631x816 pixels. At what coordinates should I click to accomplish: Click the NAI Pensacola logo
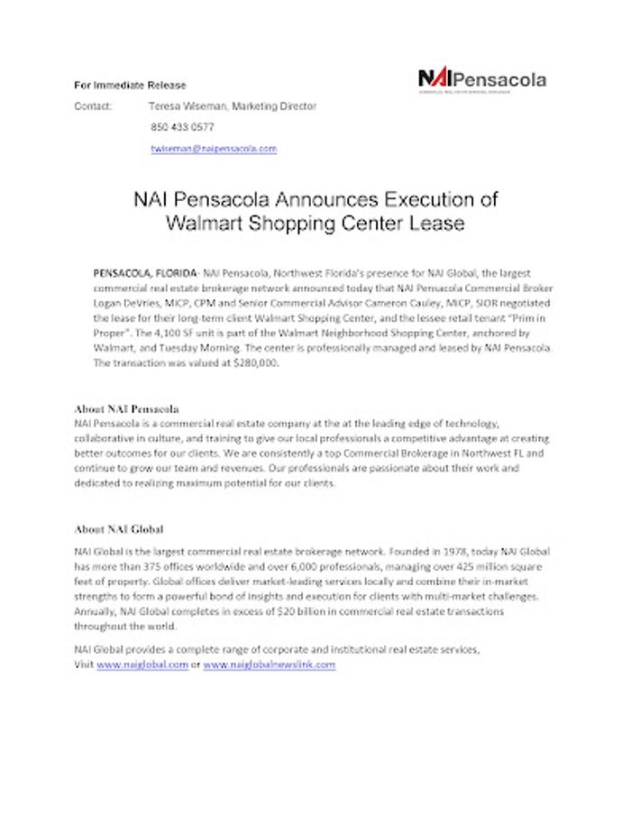481,79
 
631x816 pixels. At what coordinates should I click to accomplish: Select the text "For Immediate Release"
130,86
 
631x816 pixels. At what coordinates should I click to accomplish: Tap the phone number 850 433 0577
182,127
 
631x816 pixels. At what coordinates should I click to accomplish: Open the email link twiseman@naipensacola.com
214,148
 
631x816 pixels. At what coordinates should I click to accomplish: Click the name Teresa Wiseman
187,106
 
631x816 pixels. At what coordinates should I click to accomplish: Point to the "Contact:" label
93,106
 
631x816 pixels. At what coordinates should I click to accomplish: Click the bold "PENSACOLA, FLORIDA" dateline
145,271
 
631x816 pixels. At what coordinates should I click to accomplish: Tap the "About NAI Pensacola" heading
126,408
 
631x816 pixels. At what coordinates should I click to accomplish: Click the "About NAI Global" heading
118,529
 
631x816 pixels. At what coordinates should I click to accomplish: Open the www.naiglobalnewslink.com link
269,665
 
